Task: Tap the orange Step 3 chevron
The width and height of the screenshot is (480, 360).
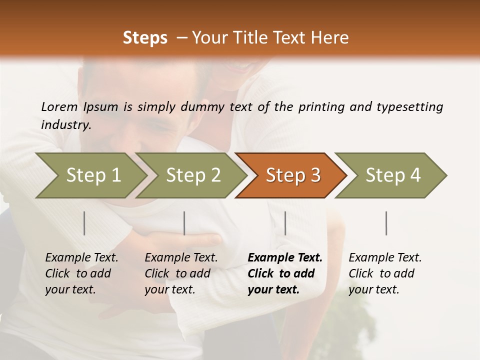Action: pyautogui.click(x=293, y=175)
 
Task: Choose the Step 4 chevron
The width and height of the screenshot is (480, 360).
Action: pyautogui.click(x=393, y=175)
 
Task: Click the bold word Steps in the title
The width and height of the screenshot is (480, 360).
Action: pyautogui.click(x=145, y=38)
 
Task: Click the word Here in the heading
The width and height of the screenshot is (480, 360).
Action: pyautogui.click(x=330, y=38)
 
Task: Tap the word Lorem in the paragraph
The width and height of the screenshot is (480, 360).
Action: pyautogui.click(x=59, y=106)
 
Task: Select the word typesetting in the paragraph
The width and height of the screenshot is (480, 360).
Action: pyautogui.click(x=409, y=106)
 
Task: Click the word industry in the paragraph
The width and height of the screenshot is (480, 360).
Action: pyautogui.click(x=65, y=124)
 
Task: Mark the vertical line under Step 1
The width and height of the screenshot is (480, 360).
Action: pyautogui.click(x=84, y=223)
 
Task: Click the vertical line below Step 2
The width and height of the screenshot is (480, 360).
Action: pyautogui.click(x=184, y=223)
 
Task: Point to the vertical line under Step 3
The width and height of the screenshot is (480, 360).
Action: pyautogui.click(x=285, y=223)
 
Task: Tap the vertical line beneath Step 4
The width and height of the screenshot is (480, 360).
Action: pyautogui.click(x=386, y=223)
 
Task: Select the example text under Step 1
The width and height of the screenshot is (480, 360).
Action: pyautogui.click(x=81, y=273)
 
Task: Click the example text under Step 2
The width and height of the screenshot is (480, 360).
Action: pyautogui.click(x=181, y=273)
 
